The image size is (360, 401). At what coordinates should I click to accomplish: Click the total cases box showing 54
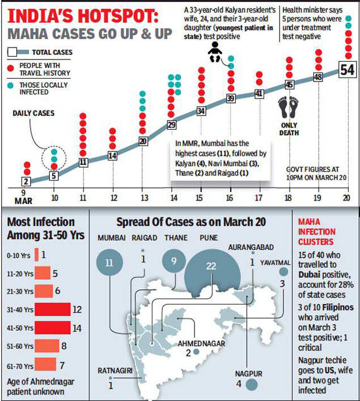coord(347,70)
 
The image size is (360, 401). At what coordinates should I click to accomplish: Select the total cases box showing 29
coord(172,125)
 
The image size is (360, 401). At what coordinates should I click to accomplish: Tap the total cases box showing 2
coord(26,182)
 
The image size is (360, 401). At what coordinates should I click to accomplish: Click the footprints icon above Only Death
coord(289,106)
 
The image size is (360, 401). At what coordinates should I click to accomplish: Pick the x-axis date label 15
coord(200,197)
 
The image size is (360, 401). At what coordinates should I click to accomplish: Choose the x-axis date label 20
coord(346,197)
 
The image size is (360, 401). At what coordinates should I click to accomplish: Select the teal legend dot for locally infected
coord(11,85)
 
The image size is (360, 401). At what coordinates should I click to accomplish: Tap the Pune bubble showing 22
coord(211,266)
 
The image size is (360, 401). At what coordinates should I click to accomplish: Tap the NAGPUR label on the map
coord(249,374)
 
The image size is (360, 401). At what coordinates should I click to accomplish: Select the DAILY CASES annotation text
coord(33,113)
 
